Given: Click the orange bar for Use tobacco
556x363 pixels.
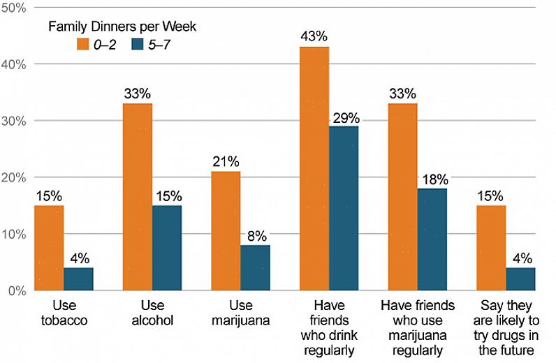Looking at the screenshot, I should (49, 247).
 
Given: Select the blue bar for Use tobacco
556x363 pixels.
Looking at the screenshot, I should (78, 279).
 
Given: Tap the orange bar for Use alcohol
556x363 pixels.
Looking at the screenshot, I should (138, 196).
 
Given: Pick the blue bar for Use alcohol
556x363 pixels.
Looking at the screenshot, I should (167, 247).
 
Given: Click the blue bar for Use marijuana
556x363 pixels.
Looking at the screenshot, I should (255, 267).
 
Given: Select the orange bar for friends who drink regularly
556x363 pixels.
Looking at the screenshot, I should (314, 168).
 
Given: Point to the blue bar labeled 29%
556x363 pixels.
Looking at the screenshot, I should (344, 208).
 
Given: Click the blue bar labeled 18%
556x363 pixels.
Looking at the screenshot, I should (432, 239).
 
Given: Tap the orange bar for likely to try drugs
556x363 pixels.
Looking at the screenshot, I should (491, 247).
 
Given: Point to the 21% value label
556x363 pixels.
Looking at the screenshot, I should (226, 161).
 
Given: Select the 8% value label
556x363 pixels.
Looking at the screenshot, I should (256, 235).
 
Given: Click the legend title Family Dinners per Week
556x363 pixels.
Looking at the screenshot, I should (122, 27).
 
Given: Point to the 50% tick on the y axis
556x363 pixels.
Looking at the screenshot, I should (13, 8).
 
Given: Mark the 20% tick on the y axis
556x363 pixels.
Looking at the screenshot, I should (13, 177).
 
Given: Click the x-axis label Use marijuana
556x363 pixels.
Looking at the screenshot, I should (241, 313).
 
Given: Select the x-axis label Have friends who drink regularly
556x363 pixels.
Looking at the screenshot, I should (329, 328).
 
